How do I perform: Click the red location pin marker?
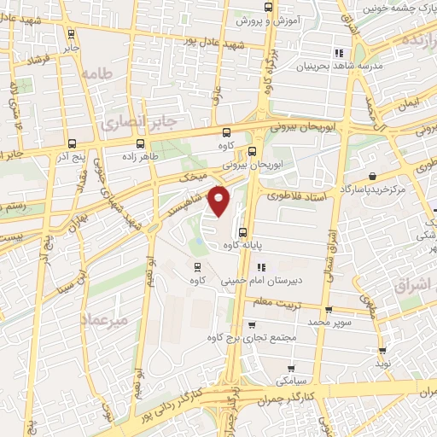pos(220,201)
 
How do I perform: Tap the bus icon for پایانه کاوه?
pos(243,231)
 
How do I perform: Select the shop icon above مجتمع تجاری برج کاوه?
pos(251,324)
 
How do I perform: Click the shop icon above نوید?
pos(382,350)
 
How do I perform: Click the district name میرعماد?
pos(102,319)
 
